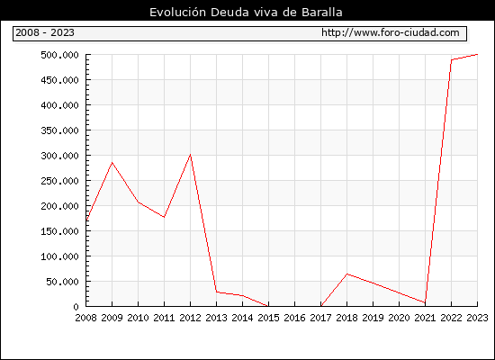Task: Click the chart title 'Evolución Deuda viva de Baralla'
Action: pos(246,12)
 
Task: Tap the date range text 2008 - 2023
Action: pos(45,32)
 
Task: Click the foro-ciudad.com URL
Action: pos(391,32)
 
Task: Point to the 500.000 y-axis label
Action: pos(59,55)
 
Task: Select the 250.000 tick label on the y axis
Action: pos(59,181)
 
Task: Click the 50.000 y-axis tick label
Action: pos(62,282)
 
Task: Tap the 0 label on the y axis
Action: pos(76,307)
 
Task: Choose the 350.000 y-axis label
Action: pos(59,130)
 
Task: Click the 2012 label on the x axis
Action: pos(190,318)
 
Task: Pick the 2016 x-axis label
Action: pos(294,318)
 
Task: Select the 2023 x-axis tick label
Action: pos(477,318)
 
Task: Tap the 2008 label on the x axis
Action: pos(85,318)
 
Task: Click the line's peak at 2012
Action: pos(191,155)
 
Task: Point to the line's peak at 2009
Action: pos(112,163)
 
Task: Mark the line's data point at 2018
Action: pos(346,274)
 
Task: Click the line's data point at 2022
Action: pos(452,59)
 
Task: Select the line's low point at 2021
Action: pos(425,302)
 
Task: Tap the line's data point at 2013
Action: pos(217,292)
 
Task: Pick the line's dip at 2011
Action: pos(164,217)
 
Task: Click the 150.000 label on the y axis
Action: pos(59,231)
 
